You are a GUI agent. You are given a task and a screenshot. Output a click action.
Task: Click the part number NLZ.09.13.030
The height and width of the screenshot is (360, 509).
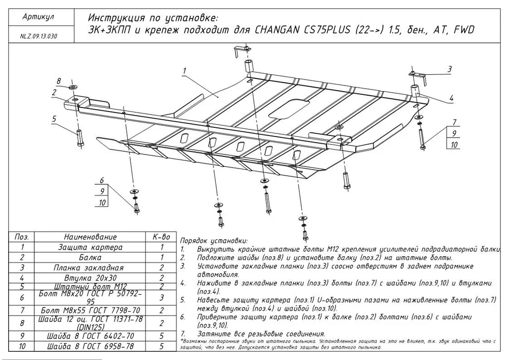tap(39, 37)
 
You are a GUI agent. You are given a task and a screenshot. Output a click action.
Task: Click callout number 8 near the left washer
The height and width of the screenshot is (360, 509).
tap(59, 81)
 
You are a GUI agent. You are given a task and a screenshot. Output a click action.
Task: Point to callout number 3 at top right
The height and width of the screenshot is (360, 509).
tap(450, 69)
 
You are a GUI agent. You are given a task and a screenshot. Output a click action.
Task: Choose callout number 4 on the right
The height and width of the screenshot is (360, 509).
tap(451, 98)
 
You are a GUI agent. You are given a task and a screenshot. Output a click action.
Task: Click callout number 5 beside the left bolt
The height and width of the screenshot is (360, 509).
tap(53, 119)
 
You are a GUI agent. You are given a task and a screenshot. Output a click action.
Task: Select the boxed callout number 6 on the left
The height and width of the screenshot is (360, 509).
tap(102, 180)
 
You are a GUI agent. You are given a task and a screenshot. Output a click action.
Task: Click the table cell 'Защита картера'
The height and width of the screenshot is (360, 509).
tap(91, 247)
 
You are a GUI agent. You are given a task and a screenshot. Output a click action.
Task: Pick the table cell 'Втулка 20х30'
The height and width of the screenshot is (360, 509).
tap(91, 278)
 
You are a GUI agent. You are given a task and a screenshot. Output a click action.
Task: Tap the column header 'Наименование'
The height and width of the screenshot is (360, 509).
tap(91, 237)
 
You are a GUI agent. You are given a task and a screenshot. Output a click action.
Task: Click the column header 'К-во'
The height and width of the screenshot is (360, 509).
tap(161, 237)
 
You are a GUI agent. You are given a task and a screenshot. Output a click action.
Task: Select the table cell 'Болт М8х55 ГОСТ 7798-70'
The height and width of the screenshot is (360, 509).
tap(91, 310)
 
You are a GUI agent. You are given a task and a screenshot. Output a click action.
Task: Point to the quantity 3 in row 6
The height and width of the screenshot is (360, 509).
tap(161, 297)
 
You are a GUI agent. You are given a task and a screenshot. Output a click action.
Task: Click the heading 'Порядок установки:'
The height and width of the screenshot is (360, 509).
tap(214, 240)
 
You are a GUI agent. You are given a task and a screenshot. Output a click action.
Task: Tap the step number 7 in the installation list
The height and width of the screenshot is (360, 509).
tap(182, 334)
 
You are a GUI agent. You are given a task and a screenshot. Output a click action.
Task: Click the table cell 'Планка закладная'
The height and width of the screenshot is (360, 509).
tap(91, 267)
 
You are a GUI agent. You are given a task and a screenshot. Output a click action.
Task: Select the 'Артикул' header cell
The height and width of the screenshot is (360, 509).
tap(39, 17)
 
